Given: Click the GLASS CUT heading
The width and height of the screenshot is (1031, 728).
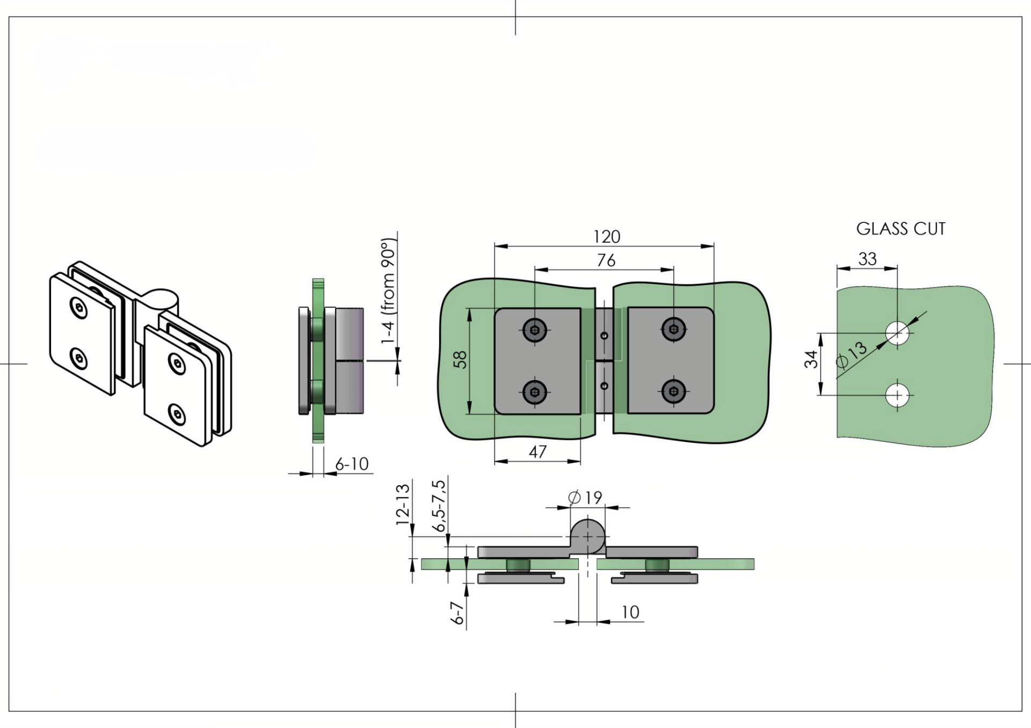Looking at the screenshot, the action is pyautogui.click(x=901, y=229).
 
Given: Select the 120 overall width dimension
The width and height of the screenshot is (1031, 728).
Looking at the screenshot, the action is pyautogui.click(x=607, y=237).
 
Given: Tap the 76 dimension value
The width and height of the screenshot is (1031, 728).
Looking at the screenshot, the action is pyautogui.click(x=606, y=260).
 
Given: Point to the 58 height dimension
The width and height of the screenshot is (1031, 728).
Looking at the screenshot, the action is pyautogui.click(x=460, y=359).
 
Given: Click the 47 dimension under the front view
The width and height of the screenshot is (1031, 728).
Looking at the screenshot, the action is pyautogui.click(x=538, y=452).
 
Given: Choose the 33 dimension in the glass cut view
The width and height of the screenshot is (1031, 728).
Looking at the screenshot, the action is pyautogui.click(x=867, y=259).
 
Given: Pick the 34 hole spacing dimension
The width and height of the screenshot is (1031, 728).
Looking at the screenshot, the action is pyautogui.click(x=811, y=359).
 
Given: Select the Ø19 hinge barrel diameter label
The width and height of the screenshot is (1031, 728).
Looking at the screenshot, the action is pyautogui.click(x=585, y=498).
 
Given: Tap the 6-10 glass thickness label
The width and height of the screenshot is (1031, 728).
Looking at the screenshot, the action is pyautogui.click(x=352, y=464).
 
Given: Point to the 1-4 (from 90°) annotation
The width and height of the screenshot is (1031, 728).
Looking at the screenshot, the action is pyautogui.click(x=388, y=290).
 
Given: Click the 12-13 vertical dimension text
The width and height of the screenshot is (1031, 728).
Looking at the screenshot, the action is pyautogui.click(x=403, y=504).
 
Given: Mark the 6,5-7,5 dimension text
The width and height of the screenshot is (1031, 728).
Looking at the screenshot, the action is pyautogui.click(x=439, y=506).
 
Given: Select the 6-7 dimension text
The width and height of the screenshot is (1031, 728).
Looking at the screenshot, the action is pyautogui.click(x=457, y=613).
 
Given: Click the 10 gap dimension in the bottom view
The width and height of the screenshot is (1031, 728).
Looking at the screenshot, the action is pyautogui.click(x=630, y=612).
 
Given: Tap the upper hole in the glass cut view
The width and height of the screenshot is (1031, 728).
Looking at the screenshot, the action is pyautogui.click(x=897, y=333).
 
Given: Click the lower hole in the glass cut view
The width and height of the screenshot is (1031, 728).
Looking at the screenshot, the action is pyautogui.click(x=897, y=396).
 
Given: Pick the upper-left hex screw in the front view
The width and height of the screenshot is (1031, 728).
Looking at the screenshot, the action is pyautogui.click(x=535, y=330).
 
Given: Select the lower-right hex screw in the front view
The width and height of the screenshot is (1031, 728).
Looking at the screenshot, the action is pyautogui.click(x=674, y=391).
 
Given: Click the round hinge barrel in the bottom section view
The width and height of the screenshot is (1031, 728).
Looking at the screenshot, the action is pyautogui.click(x=587, y=536).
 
